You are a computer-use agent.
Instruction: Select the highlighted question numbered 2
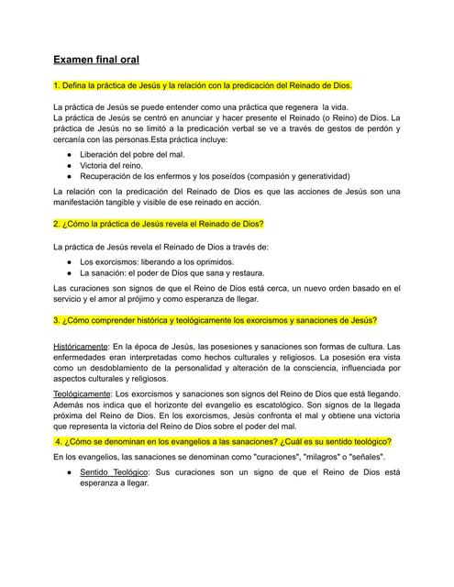point(159,224)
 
